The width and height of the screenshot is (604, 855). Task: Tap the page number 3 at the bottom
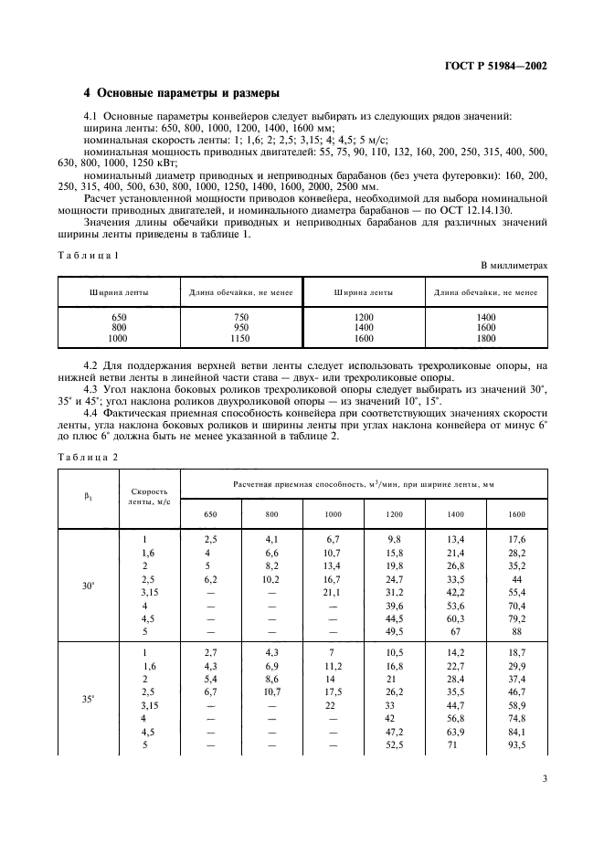pos(545,779)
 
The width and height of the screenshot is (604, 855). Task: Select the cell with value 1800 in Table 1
pos(486,338)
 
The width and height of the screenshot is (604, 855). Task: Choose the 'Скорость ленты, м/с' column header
pos(150,497)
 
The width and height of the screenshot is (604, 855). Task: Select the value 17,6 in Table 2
pos(516,540)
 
